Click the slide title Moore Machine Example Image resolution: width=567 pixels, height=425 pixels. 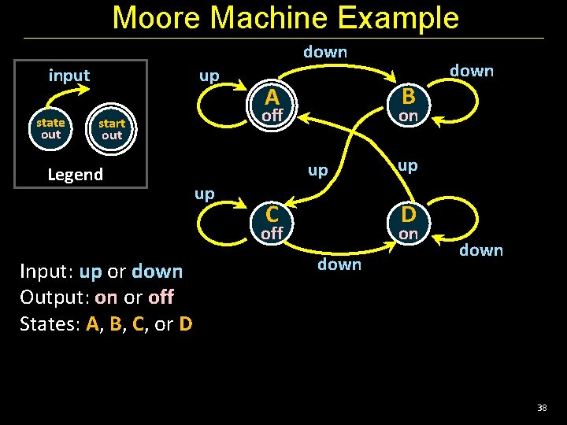[285, 17]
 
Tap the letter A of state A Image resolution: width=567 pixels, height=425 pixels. [272, 98]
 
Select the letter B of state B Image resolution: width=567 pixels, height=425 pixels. [408, 96]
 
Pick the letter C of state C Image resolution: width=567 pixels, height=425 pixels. [272, 214]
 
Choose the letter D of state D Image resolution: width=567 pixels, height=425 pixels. [408, 214]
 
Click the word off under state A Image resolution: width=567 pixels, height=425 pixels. [272, 116]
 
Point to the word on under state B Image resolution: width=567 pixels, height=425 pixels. [408, 116]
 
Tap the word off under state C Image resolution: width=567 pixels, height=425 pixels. [272, 234]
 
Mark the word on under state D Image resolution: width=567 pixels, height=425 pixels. [408, 234]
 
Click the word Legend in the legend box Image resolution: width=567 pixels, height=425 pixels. [75, 174]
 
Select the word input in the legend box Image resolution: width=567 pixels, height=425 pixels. [69, 76]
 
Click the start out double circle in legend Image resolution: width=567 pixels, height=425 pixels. [112, 129]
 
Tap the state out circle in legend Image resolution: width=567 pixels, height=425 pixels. [50, 128]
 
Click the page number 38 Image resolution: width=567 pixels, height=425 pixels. [542, 407]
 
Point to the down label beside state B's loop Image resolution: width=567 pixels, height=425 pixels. [472, 71]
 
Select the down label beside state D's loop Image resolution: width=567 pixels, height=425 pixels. [481, 250]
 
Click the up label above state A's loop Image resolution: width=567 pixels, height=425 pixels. [209, 76]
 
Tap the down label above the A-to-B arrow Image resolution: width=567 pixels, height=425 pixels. [325, 52]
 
